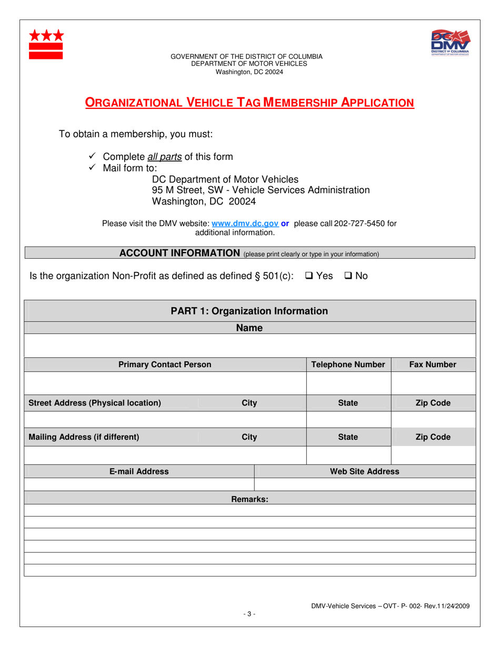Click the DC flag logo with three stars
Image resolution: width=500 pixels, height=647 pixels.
pos(46,44)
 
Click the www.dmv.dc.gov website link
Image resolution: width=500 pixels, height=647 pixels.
pos(245,224)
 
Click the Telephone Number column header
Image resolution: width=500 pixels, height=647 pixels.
pos(348,365)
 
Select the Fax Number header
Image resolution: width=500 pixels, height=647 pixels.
pos(433,365)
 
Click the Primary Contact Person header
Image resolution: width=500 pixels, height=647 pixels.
pos(165,365)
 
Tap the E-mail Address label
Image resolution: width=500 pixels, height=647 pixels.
pos(139,471)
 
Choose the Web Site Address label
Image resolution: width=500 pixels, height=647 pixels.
pos(364,471)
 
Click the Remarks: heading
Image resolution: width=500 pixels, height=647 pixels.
pos(249,499)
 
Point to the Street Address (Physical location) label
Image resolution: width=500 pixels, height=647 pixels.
pos(95,403)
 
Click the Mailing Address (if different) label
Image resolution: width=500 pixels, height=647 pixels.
pos(84,437)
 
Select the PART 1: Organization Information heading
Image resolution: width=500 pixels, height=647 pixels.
pos(249,311)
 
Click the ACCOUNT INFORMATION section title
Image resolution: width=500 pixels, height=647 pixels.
pos(179,253)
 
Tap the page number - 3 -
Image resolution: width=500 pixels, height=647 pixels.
pos(249,613)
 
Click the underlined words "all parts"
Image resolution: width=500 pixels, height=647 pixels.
pos(164,157)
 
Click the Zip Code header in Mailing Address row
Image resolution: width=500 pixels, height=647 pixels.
pos(433,437)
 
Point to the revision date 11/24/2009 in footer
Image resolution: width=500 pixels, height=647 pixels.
pos(451,606)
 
